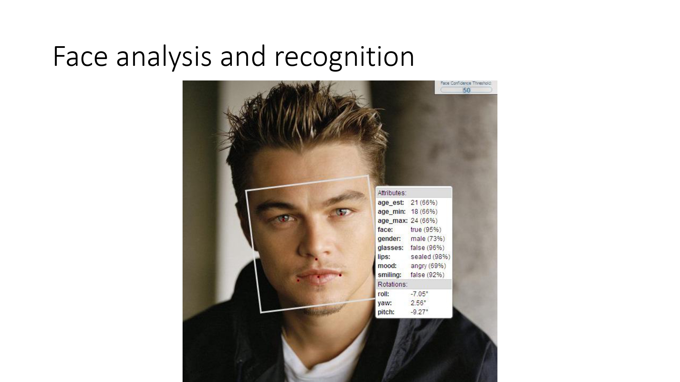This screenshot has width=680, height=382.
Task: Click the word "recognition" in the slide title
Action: tap(344, 57)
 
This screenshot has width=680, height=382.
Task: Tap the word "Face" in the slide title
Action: tap(80, 57)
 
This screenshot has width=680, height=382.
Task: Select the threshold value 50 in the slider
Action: tap(466, 90)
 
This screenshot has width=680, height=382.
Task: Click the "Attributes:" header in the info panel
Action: tap(392, 193)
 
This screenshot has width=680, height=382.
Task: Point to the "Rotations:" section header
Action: tap(392, 284)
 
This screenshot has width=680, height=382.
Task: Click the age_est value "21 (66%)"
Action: tap(424, 202)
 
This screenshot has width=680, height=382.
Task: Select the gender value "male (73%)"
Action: tap(427, 239)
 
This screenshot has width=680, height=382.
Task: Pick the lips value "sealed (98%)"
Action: tap(430, 257)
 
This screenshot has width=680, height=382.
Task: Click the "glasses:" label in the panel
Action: tap(390, 248)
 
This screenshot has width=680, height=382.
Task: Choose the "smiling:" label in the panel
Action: tap(389, 275)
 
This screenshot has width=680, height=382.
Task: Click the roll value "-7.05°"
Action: tap(419, 294)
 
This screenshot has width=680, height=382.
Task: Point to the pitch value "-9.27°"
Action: tap(419, 312)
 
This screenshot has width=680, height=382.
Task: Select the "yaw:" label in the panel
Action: tap(385, 303)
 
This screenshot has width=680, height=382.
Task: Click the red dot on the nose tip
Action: tap(316, 259)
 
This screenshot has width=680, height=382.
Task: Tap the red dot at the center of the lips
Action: tap(318, 277)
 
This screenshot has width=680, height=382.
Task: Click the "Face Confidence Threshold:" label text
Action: tap(466, 83)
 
